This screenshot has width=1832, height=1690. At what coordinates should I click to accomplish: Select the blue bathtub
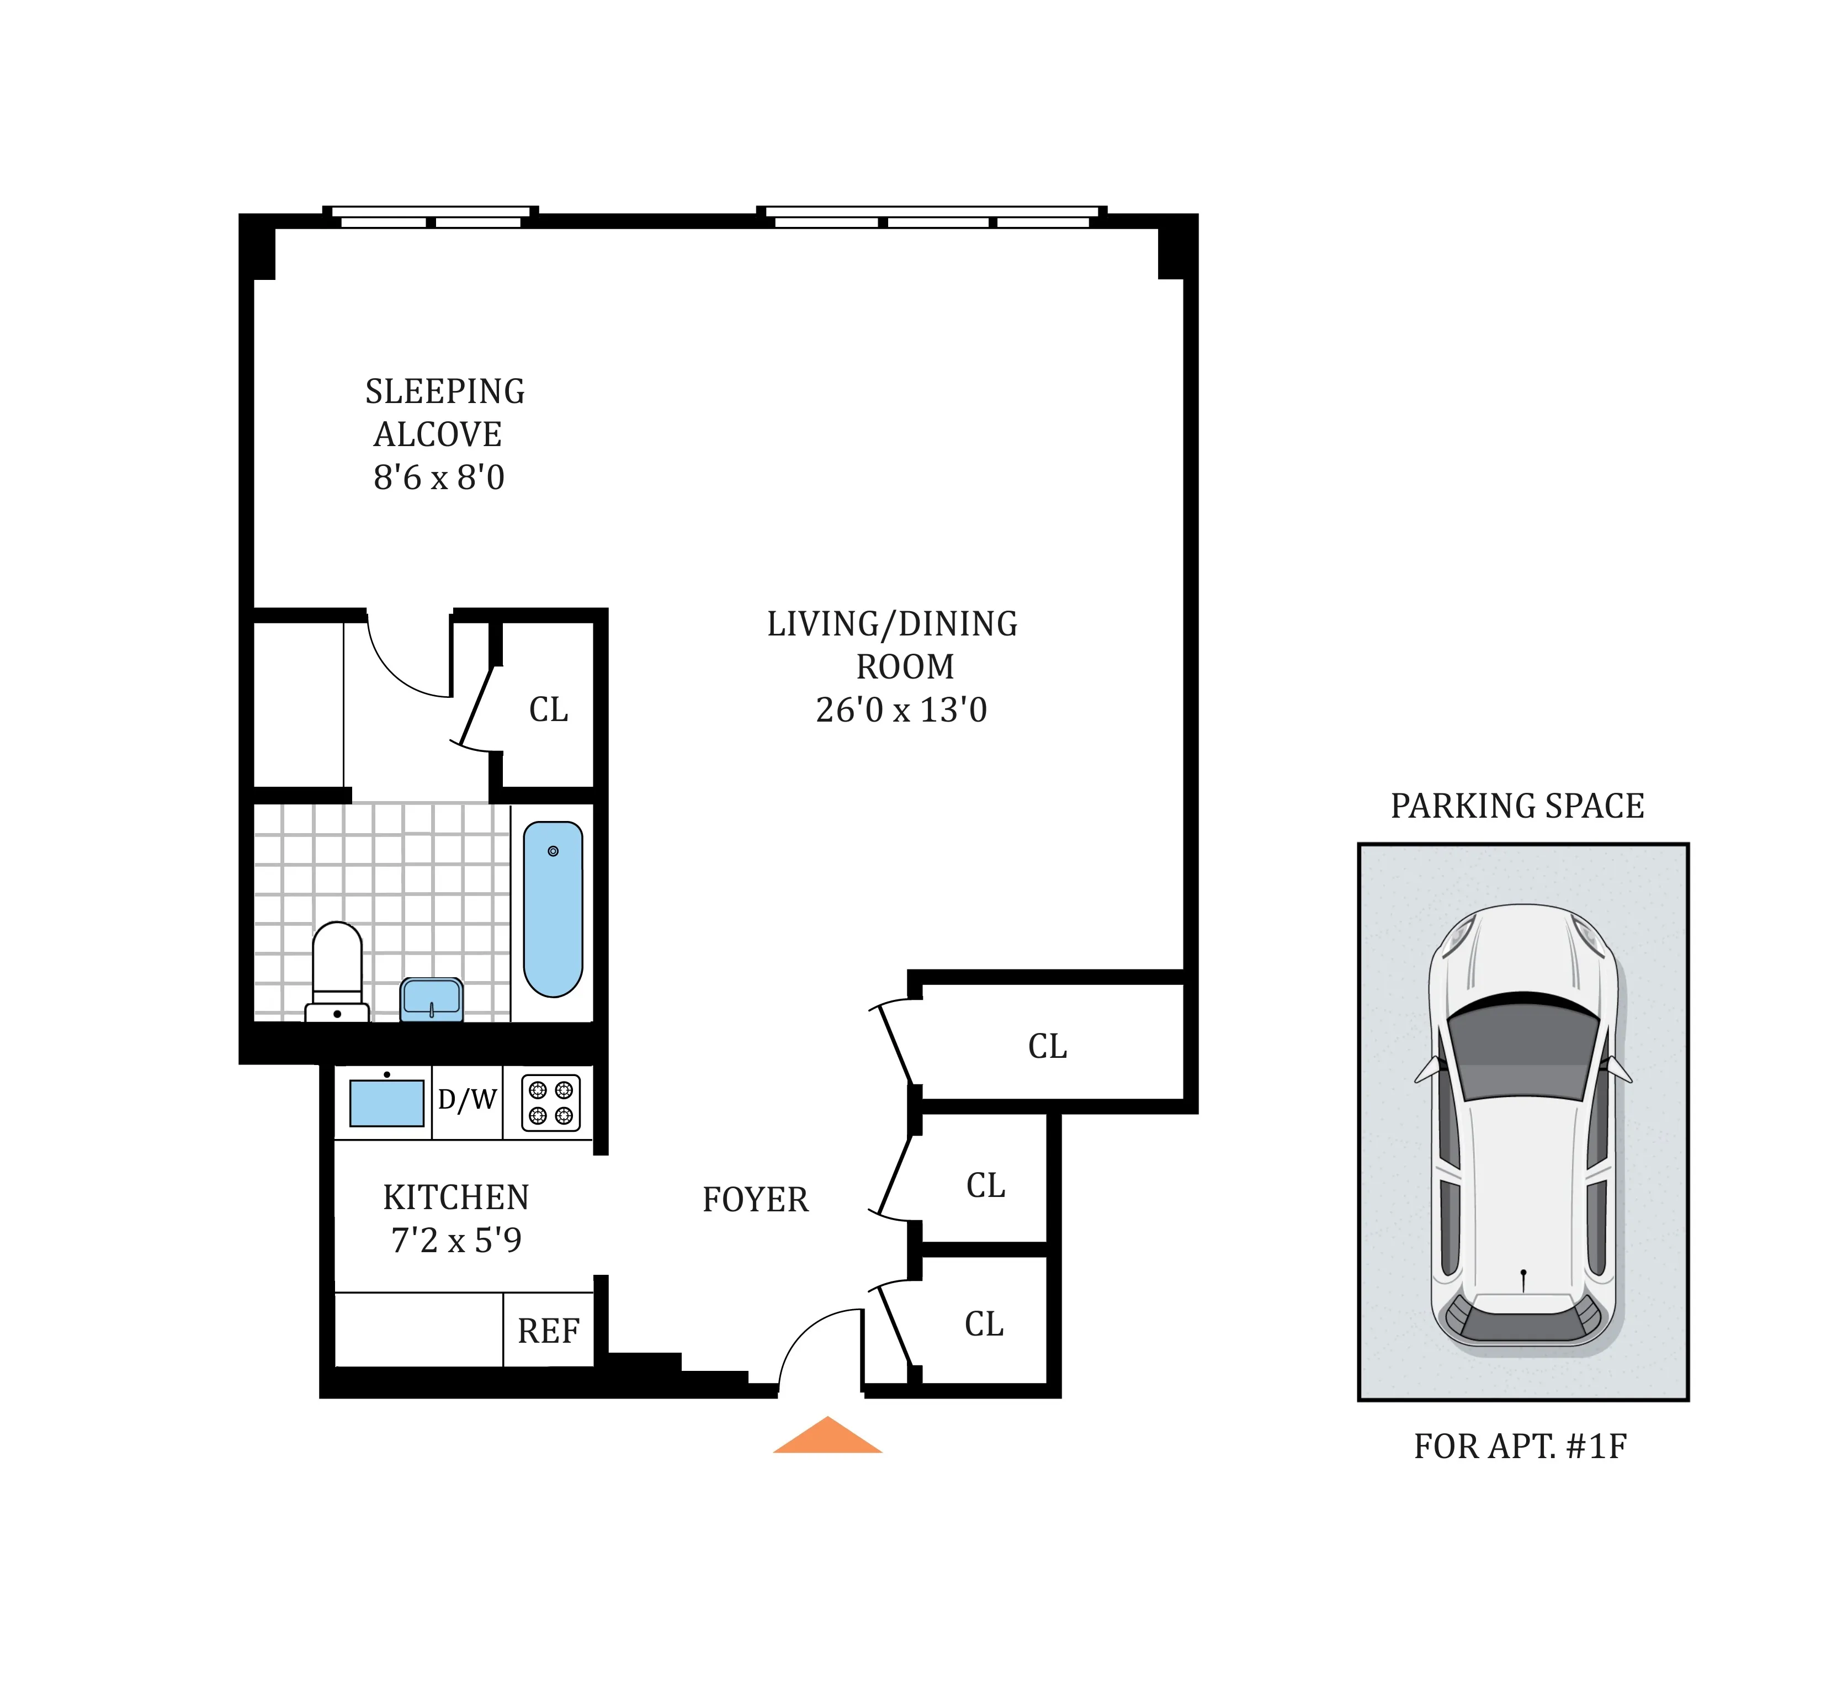[552, 908]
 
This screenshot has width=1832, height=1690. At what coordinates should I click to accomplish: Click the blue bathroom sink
[432, 999]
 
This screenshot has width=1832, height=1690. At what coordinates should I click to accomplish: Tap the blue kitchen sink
[387, 1103]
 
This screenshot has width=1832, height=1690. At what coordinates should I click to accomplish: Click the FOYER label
[755, 1200]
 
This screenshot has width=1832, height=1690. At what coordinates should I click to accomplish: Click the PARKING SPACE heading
[1517, 806]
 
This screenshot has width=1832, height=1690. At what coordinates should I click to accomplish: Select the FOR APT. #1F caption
[1520, 1446]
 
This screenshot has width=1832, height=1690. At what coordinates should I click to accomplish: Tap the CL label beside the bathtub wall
[549, 709]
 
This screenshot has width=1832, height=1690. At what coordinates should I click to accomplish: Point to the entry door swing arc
[800, 1335]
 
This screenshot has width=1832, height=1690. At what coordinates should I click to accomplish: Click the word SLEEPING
[445, 391]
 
